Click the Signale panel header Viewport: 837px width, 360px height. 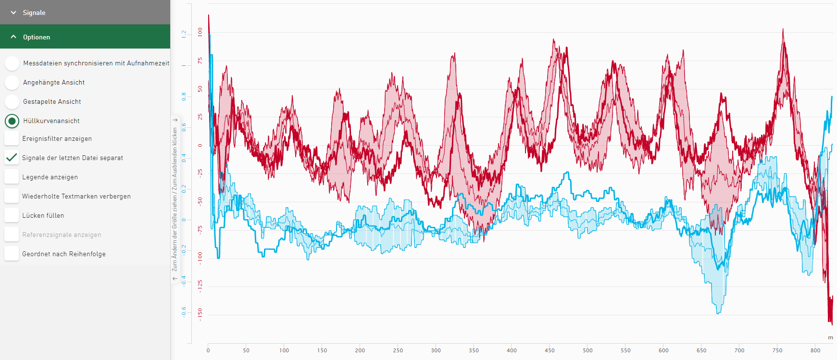[85, 12]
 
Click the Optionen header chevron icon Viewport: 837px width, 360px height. [13, 37]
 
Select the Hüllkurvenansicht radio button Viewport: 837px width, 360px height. [12, 121]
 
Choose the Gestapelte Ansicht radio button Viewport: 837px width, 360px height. [12, 102]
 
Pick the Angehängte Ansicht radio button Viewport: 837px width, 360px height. [12, 83]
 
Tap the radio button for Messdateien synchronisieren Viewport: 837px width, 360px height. [12, 63]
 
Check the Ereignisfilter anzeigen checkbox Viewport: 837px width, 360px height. [12, 139]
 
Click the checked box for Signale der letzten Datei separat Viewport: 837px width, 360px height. [12, 158]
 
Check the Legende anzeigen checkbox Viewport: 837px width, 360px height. [12, 177]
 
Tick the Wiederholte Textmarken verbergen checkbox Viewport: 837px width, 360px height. [12, 196]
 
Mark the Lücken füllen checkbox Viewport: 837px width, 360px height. [12, 215]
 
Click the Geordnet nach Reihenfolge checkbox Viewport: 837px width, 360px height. [12, 254]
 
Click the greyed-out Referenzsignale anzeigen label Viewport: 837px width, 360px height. [62, 235]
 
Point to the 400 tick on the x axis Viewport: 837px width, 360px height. [512, 350]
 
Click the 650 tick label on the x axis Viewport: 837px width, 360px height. [701, 350]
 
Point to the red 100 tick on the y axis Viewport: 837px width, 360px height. [200, 32]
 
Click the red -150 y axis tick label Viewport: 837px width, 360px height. [200, 314]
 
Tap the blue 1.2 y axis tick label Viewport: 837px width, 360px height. [184, 34]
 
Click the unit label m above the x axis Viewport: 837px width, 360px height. [830, 337]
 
